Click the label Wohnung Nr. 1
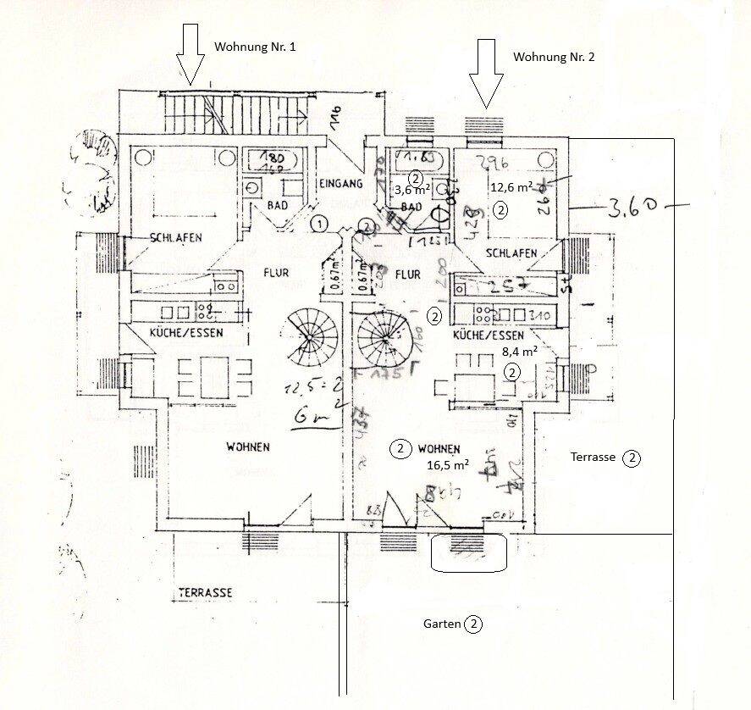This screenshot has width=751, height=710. pos(255,47)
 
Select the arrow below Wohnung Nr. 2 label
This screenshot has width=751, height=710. pos(486,73)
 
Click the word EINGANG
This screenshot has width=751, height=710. pos(342,183)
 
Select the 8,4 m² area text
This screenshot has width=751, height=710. pos(520,350)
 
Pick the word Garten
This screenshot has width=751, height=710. pos(442,624)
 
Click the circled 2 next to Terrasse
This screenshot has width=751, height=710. pos(632,458)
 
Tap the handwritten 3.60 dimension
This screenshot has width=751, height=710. pos(628,207)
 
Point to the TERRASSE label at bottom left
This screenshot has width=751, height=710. pos(205,592)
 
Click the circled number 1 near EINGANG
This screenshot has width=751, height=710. pos(318,225)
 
